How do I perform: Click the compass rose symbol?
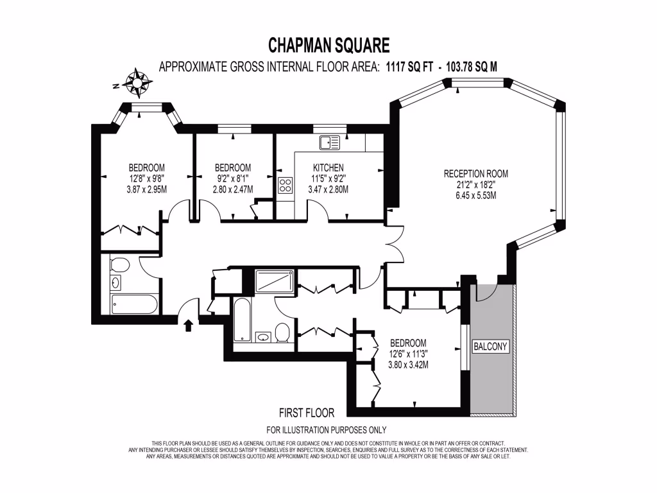(138, 82)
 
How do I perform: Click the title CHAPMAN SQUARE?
(328, 46)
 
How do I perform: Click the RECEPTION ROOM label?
(475, 173)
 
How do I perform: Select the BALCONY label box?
(490, 347)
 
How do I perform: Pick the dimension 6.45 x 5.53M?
(475, 196)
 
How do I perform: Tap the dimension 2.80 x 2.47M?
(233, 189)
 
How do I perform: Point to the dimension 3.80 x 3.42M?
(408, 365)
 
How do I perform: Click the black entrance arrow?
(188, 326)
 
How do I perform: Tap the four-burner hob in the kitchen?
(286, 186)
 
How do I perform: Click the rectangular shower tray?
(276, 281)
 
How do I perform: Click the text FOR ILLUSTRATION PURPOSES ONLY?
(326, 430)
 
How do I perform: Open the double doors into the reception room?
(392, 245)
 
